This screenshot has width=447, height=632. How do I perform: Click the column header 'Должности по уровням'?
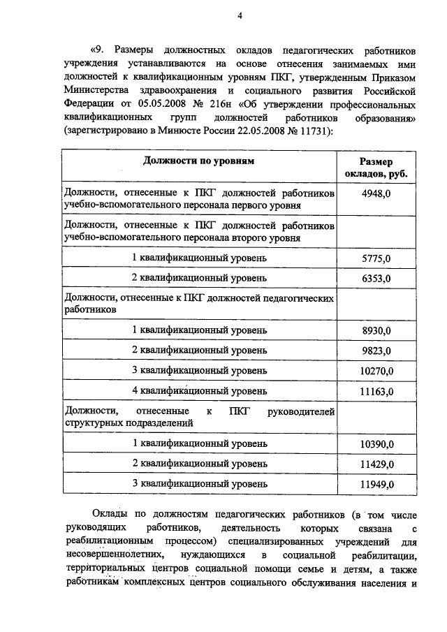[x=198, y=161]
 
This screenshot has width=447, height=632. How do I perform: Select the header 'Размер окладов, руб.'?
[x=376, y=167]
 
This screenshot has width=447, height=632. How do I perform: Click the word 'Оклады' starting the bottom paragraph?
[x=112, y=515]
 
